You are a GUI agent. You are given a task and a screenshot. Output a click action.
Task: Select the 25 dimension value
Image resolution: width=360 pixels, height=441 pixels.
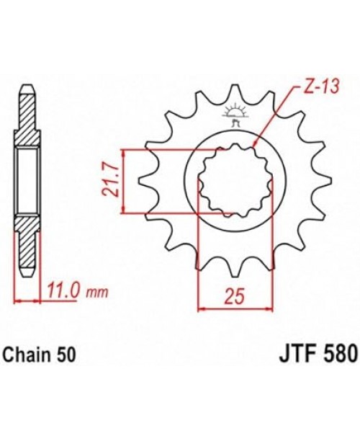point(234,295)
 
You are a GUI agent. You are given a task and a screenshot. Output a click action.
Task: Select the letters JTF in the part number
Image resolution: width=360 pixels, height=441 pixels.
point(292,355)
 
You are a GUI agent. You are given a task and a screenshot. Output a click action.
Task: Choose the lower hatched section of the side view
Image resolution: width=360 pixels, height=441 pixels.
point(26,249)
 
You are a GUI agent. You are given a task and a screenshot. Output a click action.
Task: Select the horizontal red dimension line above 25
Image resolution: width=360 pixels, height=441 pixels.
point(234,308)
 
